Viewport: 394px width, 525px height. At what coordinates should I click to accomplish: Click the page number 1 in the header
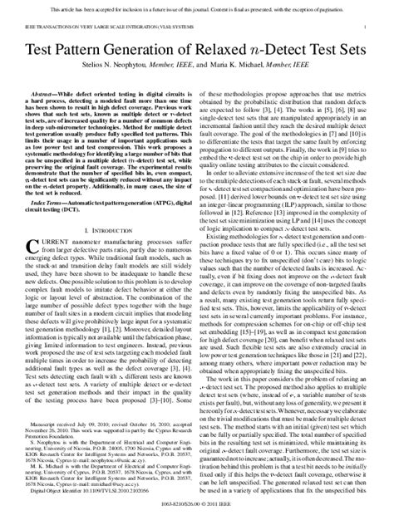pos(366,27)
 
